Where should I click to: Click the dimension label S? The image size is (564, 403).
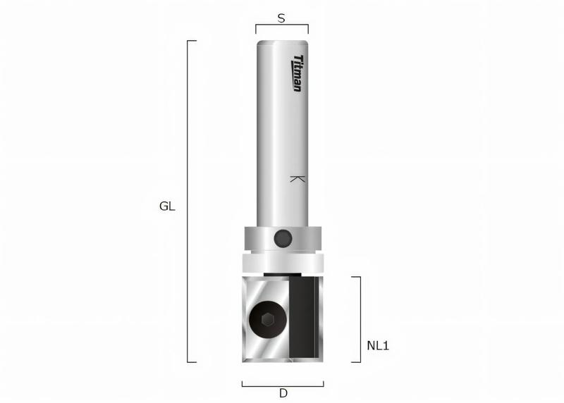(281, 19)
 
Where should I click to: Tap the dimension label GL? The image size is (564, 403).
(167, 207)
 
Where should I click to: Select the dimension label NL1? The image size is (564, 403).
(379, 346)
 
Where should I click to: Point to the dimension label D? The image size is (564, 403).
(283, 393)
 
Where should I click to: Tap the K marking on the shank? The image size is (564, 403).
(298, 180)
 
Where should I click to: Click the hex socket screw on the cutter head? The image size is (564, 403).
(267, 321)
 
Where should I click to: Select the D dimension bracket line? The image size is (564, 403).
(283, 385)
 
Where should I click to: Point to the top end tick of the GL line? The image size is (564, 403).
(192, 41)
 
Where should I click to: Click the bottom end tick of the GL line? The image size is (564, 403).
(192, 362)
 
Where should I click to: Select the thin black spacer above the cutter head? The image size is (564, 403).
(282, 273)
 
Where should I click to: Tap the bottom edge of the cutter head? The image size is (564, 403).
(282, 361)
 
